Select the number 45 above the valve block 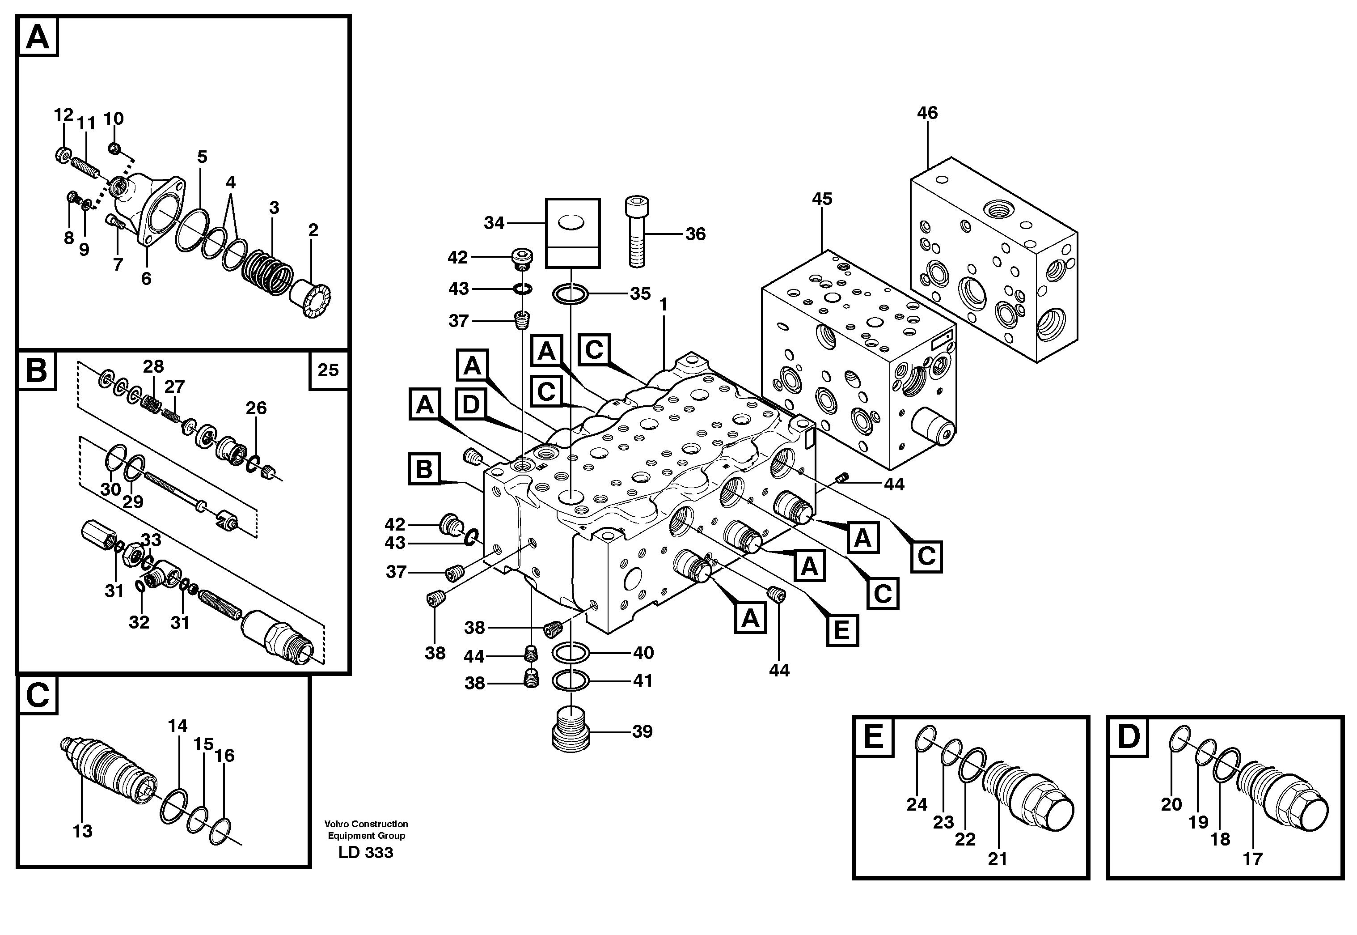coord(821,199)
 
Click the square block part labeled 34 coord(572,233)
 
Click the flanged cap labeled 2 coord(313,298)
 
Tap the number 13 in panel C coord(83,831)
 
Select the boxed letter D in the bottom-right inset coord(1128,736)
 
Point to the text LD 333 coord(365,852)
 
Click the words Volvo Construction coord(366,824)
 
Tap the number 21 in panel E coord(997,859)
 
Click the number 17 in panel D coord(1252,859)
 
